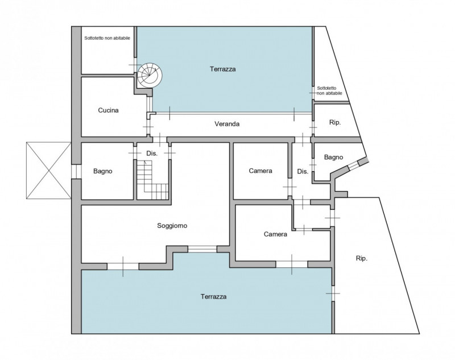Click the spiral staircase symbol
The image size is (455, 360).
pos(150,75)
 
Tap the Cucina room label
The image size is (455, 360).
pos(108,110)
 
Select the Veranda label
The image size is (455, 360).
pos(227,124)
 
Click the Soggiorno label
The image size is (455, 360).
pos(172,225)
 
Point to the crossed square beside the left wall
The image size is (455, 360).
pos(48,171)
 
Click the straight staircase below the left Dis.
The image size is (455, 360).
pos(152,180)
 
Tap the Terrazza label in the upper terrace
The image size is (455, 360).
pos(222,69)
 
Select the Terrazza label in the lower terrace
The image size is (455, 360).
pos(213,296)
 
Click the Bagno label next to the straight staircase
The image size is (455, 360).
pos(103,171)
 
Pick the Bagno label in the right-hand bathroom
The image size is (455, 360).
pos(333,157)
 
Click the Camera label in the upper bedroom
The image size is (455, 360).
pos(260,171)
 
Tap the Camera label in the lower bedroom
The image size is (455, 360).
pos(275,234)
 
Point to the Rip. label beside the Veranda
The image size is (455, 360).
pos(335,122)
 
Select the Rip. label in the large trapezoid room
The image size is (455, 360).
pos(362,258)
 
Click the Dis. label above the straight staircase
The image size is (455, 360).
pos(152,154)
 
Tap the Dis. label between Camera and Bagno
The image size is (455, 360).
pos(303,171)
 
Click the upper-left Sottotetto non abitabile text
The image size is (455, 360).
pos(107,38)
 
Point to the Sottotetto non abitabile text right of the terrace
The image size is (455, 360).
pos(329,90)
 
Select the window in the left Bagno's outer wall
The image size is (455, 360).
pos(76,171)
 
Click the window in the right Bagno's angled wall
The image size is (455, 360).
pos(353,165)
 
